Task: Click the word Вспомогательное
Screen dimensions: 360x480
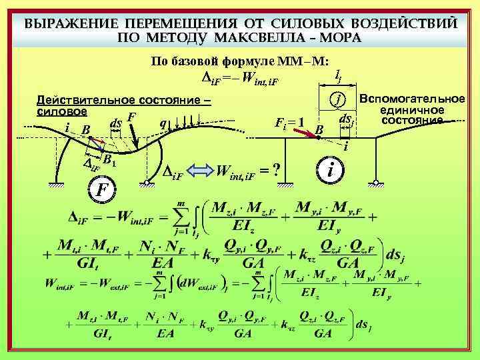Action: (x=411, y=99)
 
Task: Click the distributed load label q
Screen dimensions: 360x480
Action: (x=162, y=123)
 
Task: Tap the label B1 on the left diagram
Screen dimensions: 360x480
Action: (x=109, y=159)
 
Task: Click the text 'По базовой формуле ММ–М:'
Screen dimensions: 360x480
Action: (x=239, y=61)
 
